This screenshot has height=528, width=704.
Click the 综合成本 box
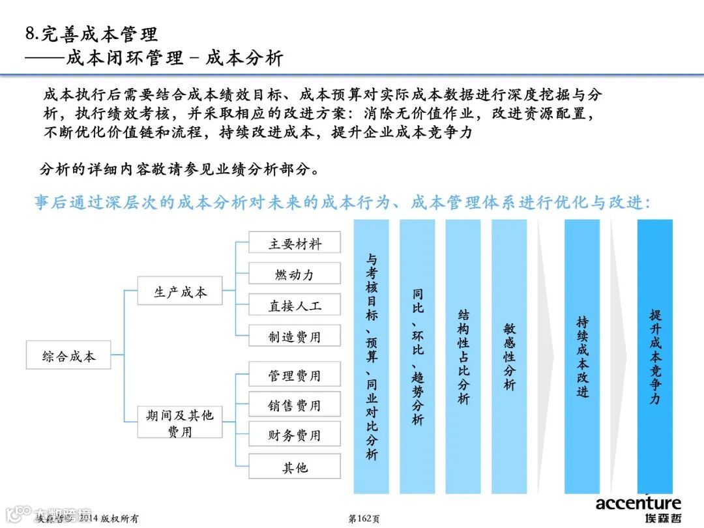click(68, 357)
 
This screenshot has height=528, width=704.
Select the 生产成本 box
click(180, 292)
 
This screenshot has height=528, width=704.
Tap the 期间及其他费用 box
click(180, 422)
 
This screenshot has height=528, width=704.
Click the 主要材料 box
click(295, 244)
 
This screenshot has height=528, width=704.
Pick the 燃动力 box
click(295, 274)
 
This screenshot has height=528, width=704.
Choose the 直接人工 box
click(295, 305)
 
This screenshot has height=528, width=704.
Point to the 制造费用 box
click(295, 336)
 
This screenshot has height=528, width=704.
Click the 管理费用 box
click(295, 375)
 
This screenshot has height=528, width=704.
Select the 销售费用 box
click(295, 405)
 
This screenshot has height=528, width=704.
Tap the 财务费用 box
click(295, 435)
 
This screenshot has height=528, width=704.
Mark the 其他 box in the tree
click(295, 467)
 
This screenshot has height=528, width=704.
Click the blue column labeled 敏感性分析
click(509, 356)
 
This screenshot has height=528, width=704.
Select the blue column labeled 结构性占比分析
click(463, 356)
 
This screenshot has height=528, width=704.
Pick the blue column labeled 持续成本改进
click(582, 356)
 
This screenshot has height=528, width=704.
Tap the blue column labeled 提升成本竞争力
click(654, 356)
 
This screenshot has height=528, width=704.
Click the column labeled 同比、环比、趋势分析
click(417, 356)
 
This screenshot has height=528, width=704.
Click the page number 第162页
click(364, 518)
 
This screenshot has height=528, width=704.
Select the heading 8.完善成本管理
click(91, 34)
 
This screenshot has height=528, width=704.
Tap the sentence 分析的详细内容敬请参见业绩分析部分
click(179, 170)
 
